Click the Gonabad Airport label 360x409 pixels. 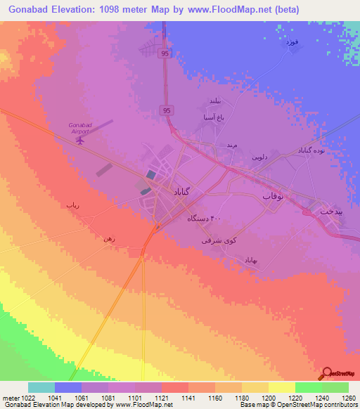tap(79, 127)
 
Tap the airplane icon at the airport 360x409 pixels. tap(79, 140)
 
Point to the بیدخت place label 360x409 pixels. tap(329, 209)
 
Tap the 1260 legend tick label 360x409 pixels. tap(349, 398)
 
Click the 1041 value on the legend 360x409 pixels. tap(67, 398)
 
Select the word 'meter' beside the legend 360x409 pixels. tap(12, 398)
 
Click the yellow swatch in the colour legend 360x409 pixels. tap(281, 387)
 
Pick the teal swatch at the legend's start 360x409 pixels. tap(41, 387)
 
